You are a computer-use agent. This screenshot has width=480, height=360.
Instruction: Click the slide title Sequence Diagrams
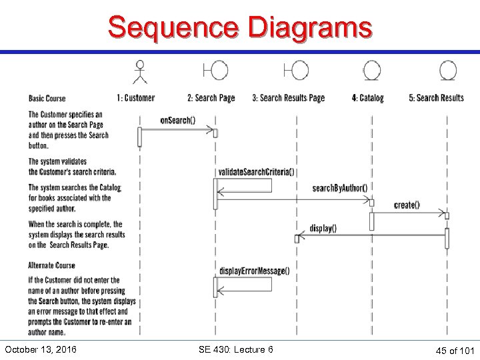[x=240, y=28]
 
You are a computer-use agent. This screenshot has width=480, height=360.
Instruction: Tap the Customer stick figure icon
[x=139, y=72]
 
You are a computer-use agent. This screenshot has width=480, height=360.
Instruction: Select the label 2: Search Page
[x=211, y=98]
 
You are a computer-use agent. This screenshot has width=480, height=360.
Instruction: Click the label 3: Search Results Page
[x=288, y=98]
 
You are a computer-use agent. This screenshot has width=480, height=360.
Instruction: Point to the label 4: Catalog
[x=368, y=98]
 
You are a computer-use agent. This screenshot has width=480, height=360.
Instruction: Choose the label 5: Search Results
[x=436, y=98]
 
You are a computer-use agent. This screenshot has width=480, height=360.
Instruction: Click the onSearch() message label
[x=177, y=120]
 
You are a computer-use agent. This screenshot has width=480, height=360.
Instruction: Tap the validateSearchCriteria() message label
[x=256, y=172]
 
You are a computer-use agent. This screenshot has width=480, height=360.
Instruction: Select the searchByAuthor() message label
[x=339, y=188]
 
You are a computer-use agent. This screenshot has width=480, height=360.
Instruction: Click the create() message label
[x=407, y=205]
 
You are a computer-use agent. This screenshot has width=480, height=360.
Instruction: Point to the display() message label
[x=323, y=228]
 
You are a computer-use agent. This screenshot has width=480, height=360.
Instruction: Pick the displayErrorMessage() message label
[x=254, y=271]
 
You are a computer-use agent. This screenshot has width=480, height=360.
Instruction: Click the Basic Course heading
[x=47, y=99]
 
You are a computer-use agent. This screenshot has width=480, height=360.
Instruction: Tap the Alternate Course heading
[x=52, y=265]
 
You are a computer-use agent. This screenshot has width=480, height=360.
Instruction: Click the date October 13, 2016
[x=40, y=349]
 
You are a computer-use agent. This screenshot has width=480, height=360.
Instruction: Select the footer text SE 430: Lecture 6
[x=236, y=349]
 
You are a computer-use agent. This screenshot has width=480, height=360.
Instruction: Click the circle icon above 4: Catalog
[x=371, y=71]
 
